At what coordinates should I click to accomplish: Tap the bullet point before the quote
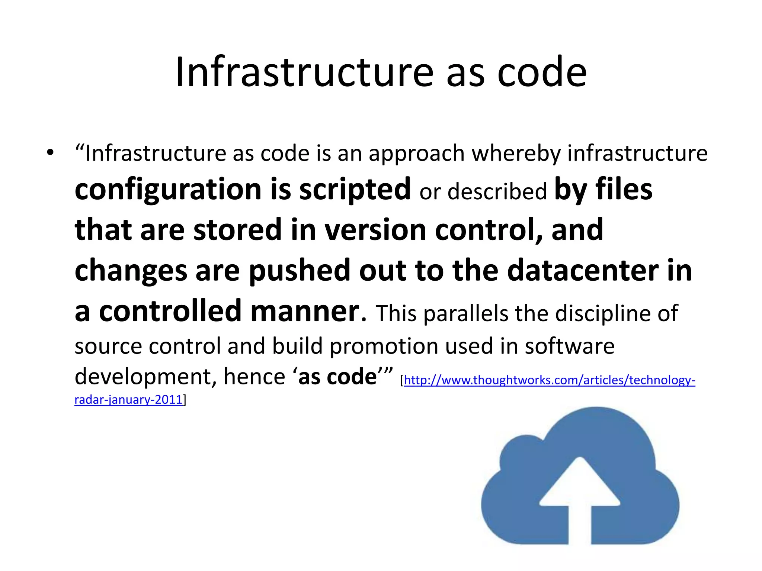(x=50, y=152)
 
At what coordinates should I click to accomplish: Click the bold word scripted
(x=355, y=190)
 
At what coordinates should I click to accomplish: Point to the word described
(x=497, y=192)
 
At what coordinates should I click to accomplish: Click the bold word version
(x=375, y=230)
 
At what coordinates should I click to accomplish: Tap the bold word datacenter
(x=583, y=270)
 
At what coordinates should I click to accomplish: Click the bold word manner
(x=305, y=311)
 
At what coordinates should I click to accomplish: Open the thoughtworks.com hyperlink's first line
(x=549, y=380)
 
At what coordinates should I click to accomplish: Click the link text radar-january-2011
(x=128, y=400)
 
